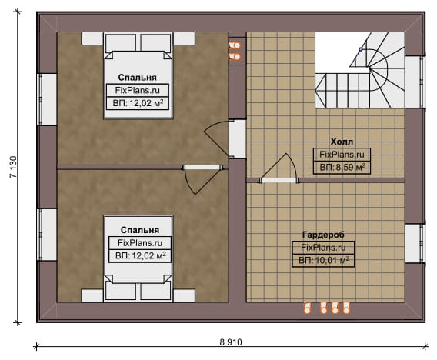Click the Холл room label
click(x=342, y=142)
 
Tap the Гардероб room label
click(x=323, y=235)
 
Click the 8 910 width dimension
click(x=231, y=342)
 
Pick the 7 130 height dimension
click(x=13, y=167)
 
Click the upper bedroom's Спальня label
click(x=138, y=78)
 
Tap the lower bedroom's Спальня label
click(x=140, y=230)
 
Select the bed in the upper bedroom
click(x=138, y=76)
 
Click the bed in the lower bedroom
click(x=138, y=258)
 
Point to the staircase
click(x=360, y=70)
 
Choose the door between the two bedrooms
click(x=202, y=178)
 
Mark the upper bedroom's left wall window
click(x=47, y=99)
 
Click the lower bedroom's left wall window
click(x=47, y=235)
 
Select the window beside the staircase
click(x=415, y=82)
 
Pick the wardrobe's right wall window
click(x=415, y=243)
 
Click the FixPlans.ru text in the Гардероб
click(x=323, y=248)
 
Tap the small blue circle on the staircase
click(x=360, y=49)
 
